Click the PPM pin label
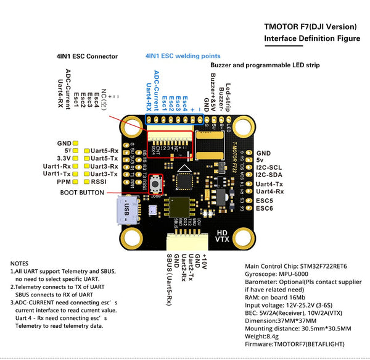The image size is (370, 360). click(64, 182)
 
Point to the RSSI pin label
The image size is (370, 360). click(99, 182)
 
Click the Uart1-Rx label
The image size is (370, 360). click(57, 166)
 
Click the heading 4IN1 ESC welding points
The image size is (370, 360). click(183, 56)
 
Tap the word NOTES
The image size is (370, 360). click(20, 263)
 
